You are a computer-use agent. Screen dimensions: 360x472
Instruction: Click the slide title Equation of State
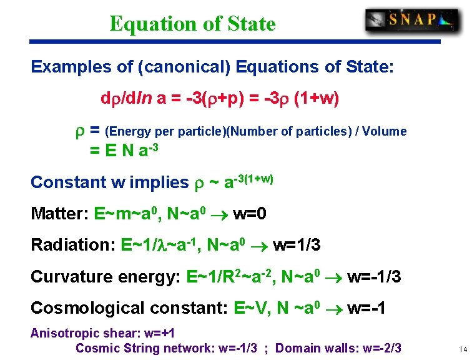192,24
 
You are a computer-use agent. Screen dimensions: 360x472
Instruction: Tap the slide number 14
462,349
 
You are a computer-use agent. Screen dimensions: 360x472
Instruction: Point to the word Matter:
59,214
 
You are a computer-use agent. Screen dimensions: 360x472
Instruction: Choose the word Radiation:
70,244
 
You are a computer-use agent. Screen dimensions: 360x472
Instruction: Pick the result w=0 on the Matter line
250,214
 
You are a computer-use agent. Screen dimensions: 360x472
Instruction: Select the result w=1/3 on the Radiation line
297,244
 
